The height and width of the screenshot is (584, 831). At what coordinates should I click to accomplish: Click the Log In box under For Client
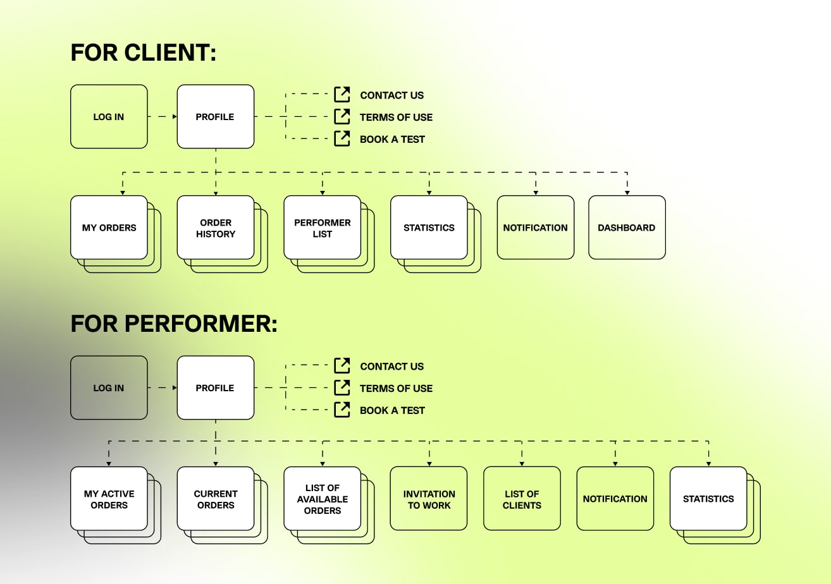109,117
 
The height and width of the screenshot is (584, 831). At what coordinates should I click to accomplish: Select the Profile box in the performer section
215,387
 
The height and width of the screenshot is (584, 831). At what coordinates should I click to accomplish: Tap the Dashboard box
627,228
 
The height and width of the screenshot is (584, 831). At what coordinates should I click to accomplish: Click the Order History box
216,228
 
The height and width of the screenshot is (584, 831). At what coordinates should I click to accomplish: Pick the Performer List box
322,228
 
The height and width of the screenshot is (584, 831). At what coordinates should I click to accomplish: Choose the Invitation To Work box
429,499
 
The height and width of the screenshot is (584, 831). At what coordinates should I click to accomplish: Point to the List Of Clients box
522,499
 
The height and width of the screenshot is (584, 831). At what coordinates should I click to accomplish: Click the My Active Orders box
109,499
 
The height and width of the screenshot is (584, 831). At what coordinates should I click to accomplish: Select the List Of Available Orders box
322,499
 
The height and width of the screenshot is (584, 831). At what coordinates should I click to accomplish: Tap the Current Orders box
216,499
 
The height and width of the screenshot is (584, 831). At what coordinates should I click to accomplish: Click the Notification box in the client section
536,228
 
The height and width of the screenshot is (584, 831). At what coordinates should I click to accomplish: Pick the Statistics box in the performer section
708,499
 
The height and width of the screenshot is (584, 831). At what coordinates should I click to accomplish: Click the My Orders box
109,228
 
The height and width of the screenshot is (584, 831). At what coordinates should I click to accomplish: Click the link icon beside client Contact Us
342,95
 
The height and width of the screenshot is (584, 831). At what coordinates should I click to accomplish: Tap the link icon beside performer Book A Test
342,410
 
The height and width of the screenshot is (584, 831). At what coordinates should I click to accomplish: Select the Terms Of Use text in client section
396,117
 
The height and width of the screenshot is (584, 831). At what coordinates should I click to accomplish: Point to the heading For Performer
174,324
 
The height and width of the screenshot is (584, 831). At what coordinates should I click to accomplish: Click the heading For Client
144,52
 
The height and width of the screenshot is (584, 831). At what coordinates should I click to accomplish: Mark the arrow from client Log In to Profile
163,117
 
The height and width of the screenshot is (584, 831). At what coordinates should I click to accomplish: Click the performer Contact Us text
391,366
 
